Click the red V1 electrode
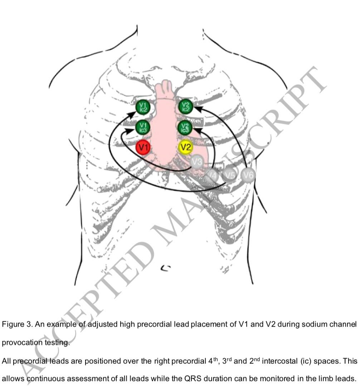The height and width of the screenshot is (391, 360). (x=143, y=147)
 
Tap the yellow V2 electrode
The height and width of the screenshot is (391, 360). (x=186, y=147)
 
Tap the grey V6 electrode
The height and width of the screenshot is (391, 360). (x=248, y=175)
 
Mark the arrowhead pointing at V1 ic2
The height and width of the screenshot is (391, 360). (x=132, y=114)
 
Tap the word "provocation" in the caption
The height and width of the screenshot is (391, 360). (x=19, y=342)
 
